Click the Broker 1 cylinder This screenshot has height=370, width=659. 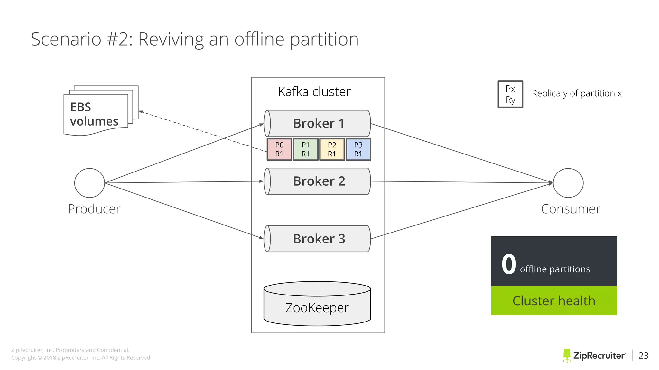click(x=317, y=123)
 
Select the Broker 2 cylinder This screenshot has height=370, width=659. click(x=317, y=181)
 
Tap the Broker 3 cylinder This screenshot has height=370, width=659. click(x=317, y=239)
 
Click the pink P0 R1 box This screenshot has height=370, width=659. click(x=279, y=149)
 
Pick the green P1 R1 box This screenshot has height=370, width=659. click(x=306, y=149)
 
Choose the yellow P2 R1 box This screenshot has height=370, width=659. click(x=332, y=149)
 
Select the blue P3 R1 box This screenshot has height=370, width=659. click(x=358, y=149)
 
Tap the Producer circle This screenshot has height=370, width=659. click(x=89, y=183)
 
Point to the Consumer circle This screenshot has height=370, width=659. click(x=568, y=183)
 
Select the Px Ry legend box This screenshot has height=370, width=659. click(x=510, y=94)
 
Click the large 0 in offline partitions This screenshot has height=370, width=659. click(x=509, y=264)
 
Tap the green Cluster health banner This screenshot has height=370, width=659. click(x=554, y=301)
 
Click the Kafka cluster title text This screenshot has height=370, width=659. click(x=314, y=92)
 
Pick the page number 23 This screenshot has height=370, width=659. click(x=643, y=356)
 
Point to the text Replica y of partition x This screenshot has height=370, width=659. click(x=577, y=93)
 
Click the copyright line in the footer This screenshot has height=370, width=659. click(x=81, y=358)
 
